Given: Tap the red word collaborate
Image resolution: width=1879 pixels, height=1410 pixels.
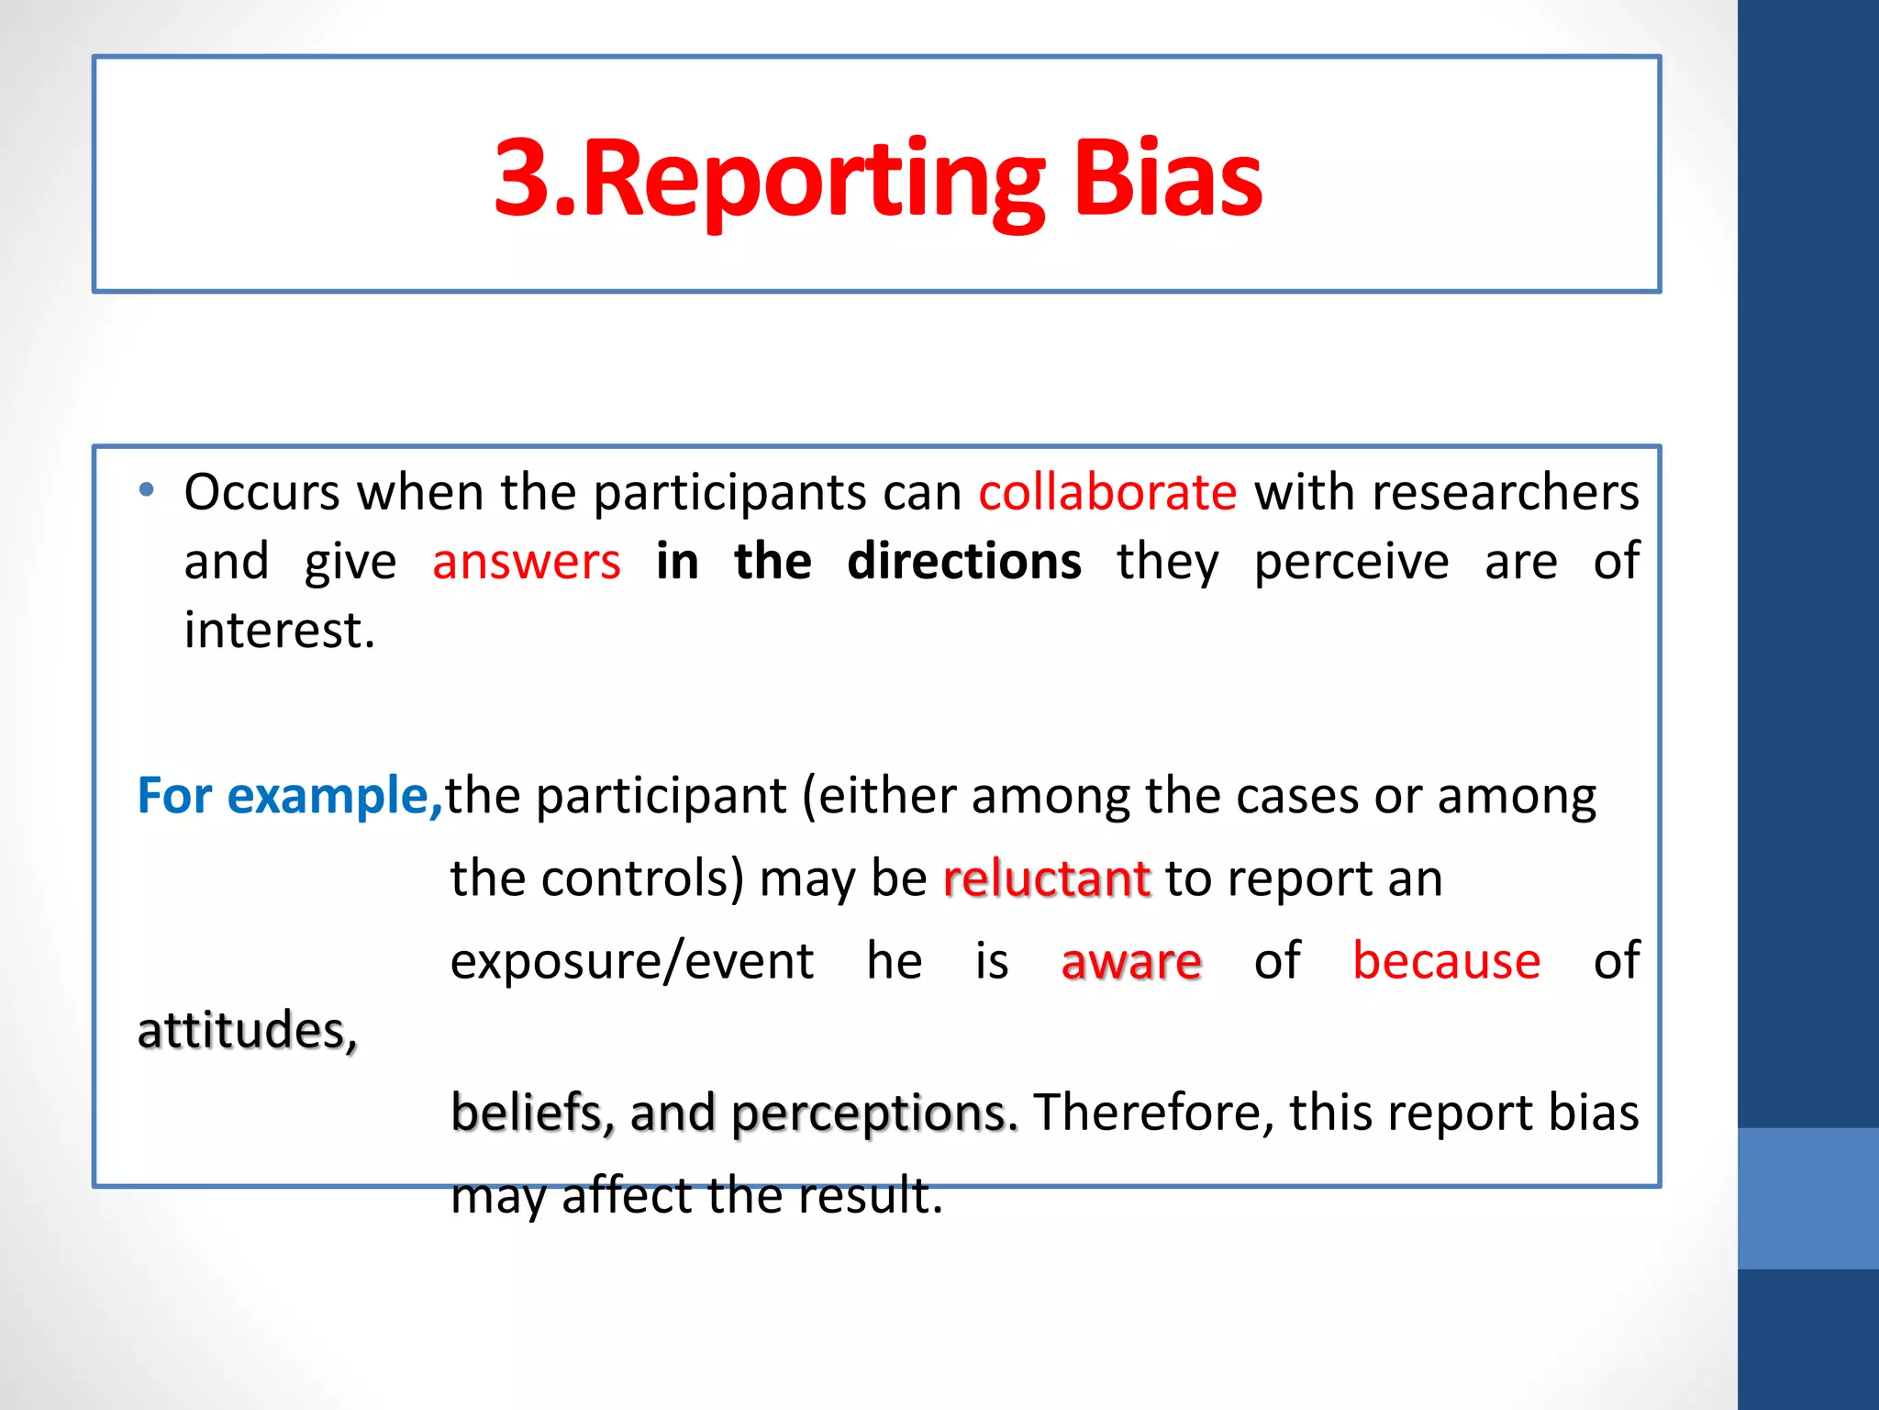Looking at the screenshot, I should pos(1107,492).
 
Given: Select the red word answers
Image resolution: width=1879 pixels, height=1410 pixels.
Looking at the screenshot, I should pos(526,562).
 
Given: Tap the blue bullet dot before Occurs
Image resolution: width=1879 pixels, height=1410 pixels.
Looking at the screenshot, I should pos(147,489).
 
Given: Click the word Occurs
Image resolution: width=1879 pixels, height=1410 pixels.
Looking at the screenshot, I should pos(262,492).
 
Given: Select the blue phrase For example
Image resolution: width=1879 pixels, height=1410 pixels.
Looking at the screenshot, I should pos(288,795).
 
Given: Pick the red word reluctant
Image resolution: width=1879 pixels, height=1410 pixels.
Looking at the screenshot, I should pos(1046,878).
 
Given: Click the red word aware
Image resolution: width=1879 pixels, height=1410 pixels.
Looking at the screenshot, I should pos(1130,961).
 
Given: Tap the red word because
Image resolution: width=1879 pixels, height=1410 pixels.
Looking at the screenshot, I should pos(1446,961).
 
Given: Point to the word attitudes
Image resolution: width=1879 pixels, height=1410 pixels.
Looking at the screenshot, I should pos(246,1030).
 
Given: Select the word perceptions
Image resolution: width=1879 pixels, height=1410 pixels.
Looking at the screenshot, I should pos(874,1114).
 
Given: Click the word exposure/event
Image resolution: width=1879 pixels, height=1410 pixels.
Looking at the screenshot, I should pos(631,961).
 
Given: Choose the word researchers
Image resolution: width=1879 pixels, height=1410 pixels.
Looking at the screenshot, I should pos(1505,492).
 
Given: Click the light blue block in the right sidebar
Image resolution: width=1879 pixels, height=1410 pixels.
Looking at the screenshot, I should pos(1808,1198).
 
